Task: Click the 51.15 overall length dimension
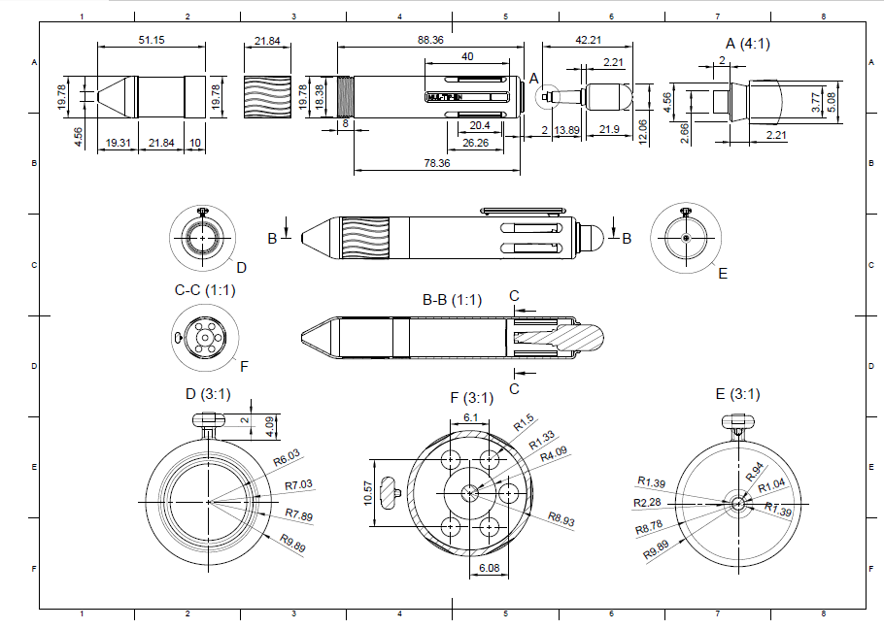click(151, 40)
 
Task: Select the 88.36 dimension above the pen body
click(430, 40)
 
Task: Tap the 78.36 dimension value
click(437, 163)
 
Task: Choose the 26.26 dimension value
click(477, 143)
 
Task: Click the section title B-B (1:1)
click(452, 300)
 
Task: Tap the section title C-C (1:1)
click(204, 290)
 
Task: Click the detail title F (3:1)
click(471, 397)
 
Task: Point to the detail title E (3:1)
click(737, 394)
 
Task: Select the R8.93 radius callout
click(561, 520)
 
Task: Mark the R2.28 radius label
click(647, 503)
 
